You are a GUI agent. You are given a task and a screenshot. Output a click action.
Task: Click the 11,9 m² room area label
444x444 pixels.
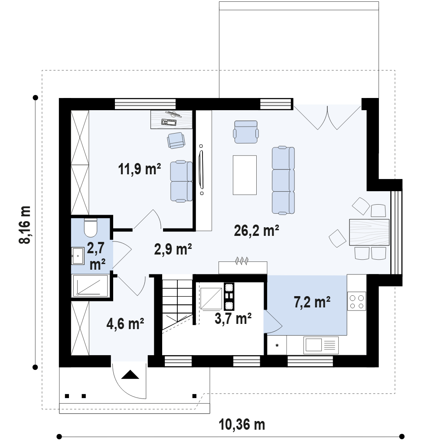pyautogui.click(x=139, y=169)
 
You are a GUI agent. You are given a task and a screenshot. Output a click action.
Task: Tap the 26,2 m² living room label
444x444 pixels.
pyautogui.click(x=257, y=230)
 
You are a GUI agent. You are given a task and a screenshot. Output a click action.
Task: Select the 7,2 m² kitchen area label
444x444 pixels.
pyautogui.click(x=312, y=302)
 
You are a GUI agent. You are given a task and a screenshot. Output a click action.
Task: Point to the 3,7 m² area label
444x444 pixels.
pyautogui.click(x=233, y=318)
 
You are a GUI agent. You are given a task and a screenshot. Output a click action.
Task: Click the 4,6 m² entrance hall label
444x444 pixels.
pyautogui.click(x=125, y=323)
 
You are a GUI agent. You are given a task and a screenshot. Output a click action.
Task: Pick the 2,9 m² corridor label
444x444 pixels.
pyautogui.click(x=173, y=249)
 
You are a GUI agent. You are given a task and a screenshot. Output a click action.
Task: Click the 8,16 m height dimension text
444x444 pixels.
pyautogui.click(x=25, y=225)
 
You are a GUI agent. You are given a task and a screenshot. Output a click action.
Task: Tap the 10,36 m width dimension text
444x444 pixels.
pyautogui.click(x=242, y=424)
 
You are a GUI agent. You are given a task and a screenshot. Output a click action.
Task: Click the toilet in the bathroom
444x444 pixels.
pyautogui.click(x=91, y=228)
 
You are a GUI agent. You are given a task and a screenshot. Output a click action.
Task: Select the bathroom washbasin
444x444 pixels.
pyautogui.click(x=78, y=256)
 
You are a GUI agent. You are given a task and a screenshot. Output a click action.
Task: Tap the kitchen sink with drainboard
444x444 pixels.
pyautogui.click(x=321, y=345)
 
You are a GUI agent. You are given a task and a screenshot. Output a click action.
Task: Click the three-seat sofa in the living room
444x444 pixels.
pyautogui.click(x=283, y=180)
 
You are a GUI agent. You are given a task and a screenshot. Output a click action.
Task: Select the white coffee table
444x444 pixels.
pyautogui.click(x=245, y=175)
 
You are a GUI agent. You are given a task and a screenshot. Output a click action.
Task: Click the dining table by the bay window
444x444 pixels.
pyautogui.click(x=369, y=232)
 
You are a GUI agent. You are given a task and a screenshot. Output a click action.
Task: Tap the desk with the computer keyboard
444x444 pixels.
pyautogui.click(x=172, y=120)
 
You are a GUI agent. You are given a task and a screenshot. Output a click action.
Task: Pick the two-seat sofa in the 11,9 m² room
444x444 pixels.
pyautogui.click(x=181, y=182)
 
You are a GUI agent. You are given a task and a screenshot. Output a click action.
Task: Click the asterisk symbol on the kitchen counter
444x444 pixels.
pyautogui.click(x=277, y=346)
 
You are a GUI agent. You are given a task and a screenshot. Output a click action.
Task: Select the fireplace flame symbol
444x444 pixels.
pyautogui.click(x=242, y=261)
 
